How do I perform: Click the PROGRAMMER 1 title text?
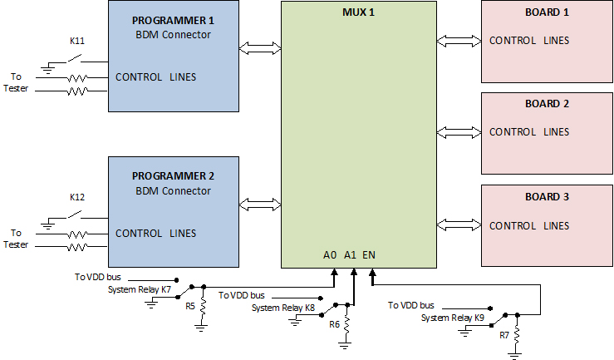173,21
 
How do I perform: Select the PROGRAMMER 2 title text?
173,176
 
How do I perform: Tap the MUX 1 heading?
358,12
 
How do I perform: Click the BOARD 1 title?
547,12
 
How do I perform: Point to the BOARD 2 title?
547,103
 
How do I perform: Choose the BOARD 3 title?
547,196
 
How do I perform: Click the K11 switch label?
77,41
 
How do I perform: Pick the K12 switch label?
77,197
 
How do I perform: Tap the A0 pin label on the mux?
330,255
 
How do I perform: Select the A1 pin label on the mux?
350,255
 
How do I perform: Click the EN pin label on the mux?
369,255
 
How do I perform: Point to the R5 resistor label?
190,306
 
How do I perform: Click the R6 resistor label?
334,324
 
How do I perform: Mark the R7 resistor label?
504,335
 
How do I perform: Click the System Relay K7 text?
140,290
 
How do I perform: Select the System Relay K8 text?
283,308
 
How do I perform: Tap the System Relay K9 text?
453,318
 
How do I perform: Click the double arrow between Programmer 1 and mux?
260,48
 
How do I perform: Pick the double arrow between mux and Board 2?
459,132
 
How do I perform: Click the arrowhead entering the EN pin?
372,272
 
